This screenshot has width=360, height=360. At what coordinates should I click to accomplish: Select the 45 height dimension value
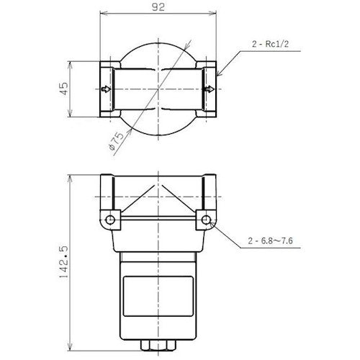point(63,89)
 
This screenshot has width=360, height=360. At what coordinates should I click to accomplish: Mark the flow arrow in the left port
point(106,89)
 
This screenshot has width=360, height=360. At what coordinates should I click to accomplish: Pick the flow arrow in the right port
point(209,89)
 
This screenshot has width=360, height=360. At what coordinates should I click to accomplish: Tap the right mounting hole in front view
point(207,218)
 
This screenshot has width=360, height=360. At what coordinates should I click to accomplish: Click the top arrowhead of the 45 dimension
point(70,63)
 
